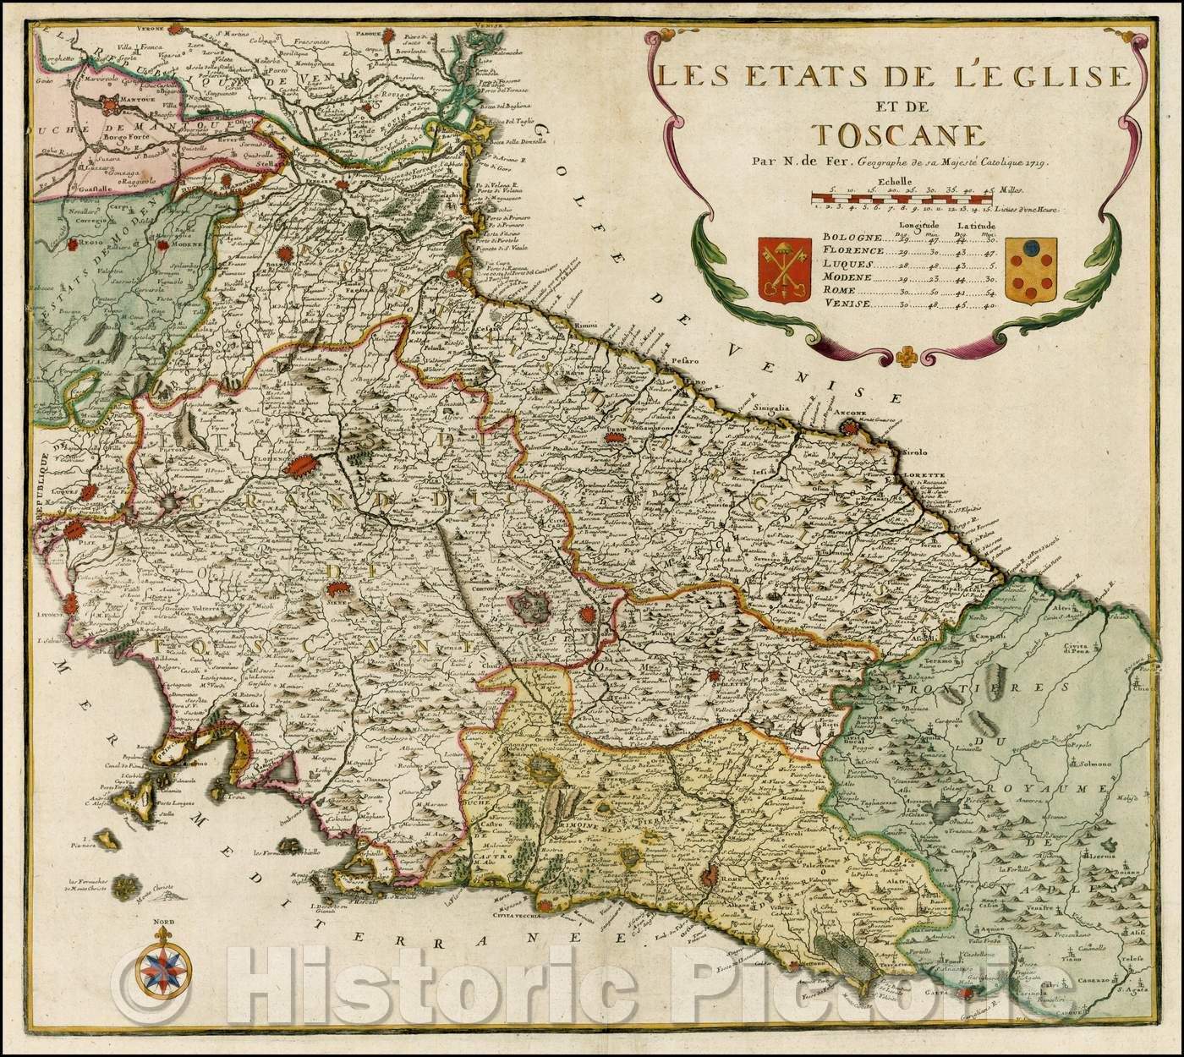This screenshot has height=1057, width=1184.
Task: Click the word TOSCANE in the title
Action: [x=889, y=137]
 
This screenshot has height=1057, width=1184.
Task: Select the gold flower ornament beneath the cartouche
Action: [x=908, y=355]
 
